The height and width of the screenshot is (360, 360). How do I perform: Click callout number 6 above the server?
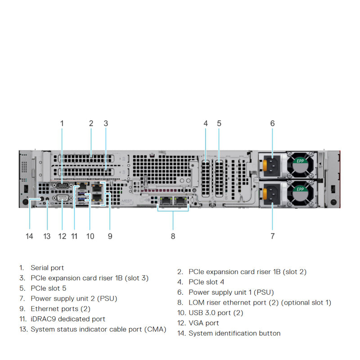click(272, 123)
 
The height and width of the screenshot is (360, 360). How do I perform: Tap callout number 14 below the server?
click(30, 236)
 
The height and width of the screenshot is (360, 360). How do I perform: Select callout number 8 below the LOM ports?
click(173, 236)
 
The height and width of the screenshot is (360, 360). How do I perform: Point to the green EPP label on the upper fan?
click(300, 160)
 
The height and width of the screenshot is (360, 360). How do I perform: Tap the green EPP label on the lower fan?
click(300, 189)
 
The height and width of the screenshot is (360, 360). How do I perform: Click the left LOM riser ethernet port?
click(166, 200)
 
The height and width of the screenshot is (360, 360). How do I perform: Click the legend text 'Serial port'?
click(47, 268)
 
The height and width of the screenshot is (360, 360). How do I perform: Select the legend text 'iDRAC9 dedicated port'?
click(68, 319)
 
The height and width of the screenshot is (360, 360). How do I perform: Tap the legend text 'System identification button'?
click(234, 333)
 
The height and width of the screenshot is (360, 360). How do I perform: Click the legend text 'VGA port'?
click(204, 323)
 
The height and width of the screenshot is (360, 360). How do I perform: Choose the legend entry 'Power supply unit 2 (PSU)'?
click(74, 298)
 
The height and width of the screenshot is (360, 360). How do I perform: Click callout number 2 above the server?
click(91, 123)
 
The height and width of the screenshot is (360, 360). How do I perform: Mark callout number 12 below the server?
click(62, 236)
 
